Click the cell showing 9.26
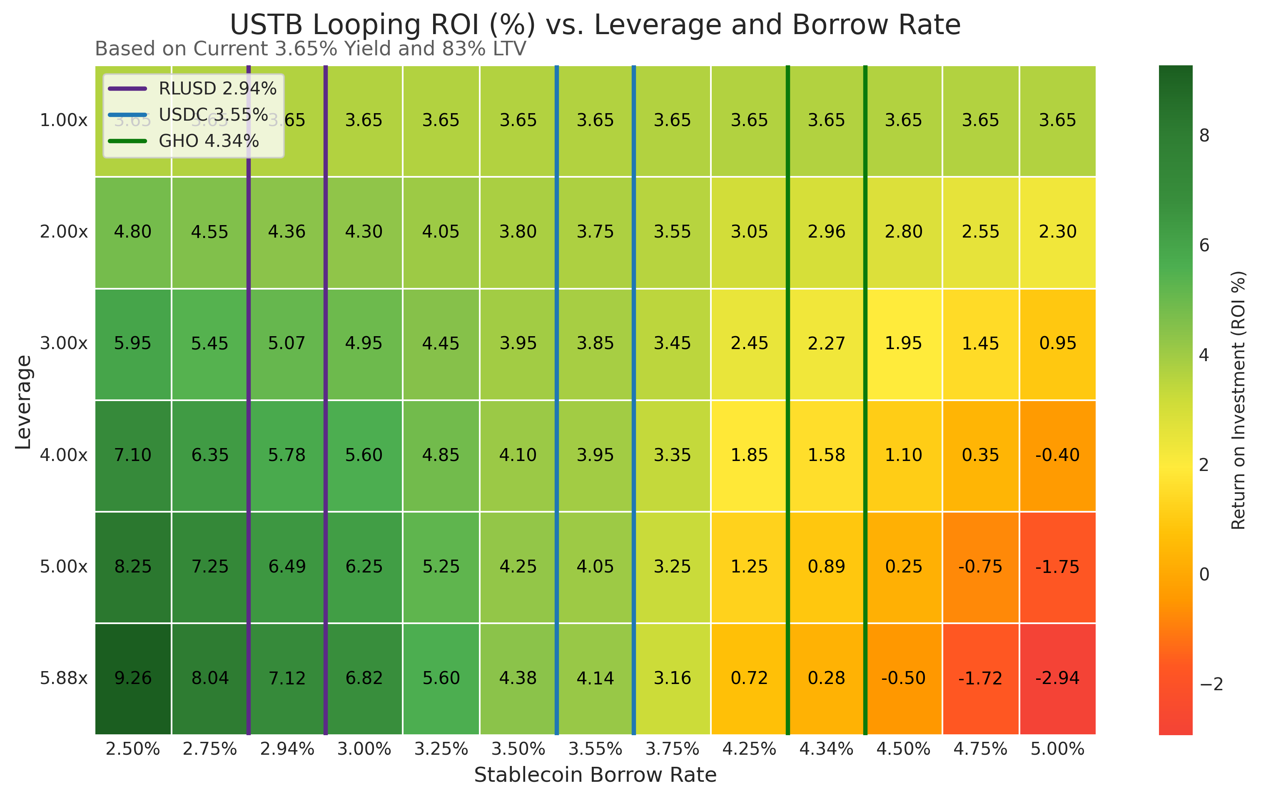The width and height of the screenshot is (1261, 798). [133, 678]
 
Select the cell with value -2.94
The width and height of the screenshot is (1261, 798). [1057, 678]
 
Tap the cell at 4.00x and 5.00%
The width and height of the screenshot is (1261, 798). [1057, 455]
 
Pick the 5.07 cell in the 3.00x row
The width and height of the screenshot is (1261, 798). [287, 343]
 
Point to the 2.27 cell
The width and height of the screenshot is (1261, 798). [826, 343]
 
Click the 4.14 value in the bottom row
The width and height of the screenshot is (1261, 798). [596, 678]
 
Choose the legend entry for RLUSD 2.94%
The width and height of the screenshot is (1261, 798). [217, 89]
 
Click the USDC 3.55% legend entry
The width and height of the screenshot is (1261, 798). [213, 114]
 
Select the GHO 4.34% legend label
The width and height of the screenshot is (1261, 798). [208, 141]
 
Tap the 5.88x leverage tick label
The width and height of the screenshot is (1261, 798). [64, 678]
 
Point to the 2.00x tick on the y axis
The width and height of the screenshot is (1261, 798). [64, 231]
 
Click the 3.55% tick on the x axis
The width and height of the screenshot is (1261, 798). [596, 749]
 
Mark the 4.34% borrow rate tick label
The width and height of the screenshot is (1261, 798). [826, 749]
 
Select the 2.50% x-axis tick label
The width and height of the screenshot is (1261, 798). [133, 749]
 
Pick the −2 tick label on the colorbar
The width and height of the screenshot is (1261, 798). [1211, 684]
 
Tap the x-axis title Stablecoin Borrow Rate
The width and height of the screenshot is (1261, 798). [596, 775]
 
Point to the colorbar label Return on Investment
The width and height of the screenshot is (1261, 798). [1239, 400]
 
